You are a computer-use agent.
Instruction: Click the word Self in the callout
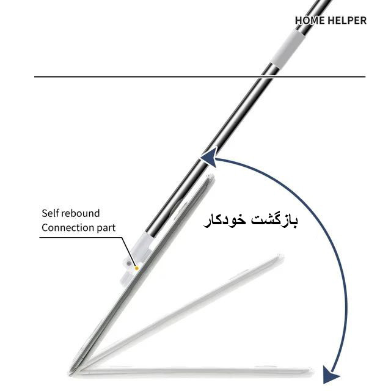coord(50,213)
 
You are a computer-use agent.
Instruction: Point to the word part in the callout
coord(106,228)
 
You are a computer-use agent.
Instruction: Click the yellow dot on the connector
coord(136,268)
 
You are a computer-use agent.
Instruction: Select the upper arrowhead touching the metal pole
coord(210,159)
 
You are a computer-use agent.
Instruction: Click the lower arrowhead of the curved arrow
coord(331,375)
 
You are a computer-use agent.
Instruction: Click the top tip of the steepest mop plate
coord(211,175)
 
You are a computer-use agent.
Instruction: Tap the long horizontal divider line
coord(200,76)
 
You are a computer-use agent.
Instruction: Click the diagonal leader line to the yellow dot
coord(130,252)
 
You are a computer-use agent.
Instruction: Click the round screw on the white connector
coord(128,264)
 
